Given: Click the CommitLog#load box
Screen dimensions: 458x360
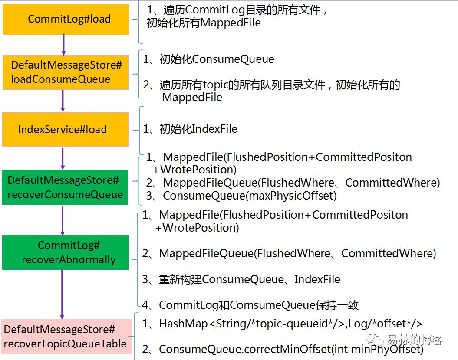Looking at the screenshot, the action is pyautogui.click(x=66, y=19).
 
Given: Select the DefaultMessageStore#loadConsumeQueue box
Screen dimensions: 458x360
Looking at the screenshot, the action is pyautogui.click(x=66, y=72).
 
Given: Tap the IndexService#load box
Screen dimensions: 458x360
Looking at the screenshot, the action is pyautogui.click(x=66, y=129).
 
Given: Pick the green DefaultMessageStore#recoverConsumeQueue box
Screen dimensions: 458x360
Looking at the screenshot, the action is pyautogui.click(x=65, y=187).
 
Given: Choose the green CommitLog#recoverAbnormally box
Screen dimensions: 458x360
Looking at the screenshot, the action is pyautogui.click(x=65, y=252).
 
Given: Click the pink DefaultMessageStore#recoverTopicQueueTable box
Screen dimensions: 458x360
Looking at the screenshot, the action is pyautogui.click(x=66, y=337).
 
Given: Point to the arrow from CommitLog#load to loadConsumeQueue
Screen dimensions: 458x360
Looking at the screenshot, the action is pyautogui.click(x=64, y=45).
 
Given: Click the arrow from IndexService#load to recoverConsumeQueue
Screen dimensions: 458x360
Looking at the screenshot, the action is pyautogui.click(x=63, y=158).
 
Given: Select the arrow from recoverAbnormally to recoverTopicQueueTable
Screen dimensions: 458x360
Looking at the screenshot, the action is pyautogui.click(x=62, y=295).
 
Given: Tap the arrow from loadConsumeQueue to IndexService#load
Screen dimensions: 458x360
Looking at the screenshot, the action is pyautogui.click(x=63, y=101).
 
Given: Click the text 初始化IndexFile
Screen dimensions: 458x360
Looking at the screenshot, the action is pyautogui.click(x=198, y=129).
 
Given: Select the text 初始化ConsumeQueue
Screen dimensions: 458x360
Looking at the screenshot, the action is pyautogui.click(x=217, y=59).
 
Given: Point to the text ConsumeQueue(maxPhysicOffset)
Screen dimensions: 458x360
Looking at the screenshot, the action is pyautogui.click(x=250, y=196).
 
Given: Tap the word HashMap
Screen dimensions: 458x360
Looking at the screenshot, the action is pyautogui.click(x=184, y=324).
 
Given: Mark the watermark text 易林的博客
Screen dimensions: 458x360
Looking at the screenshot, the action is pyautogui.click(x=415, y=340).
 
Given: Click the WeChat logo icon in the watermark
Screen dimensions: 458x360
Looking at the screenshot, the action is pyautogui.click(x=375, y=339).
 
